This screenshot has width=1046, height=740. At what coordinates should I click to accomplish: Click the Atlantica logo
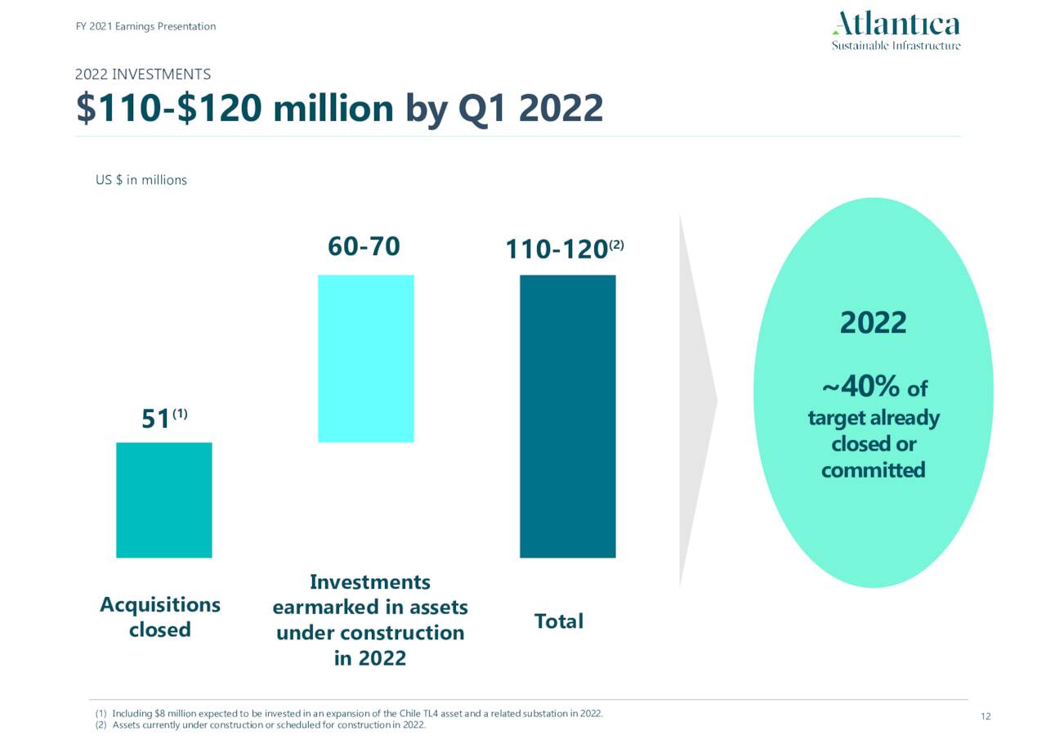point(896,31)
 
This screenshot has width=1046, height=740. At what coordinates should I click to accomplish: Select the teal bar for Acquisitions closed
point(164,500)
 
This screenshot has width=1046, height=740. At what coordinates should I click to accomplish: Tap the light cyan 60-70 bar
point(365,358)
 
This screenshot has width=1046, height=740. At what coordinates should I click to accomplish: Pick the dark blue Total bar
point(567,416)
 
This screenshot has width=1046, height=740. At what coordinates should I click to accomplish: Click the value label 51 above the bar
point(156,419)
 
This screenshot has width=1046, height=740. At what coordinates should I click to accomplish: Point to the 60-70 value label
point(364,246)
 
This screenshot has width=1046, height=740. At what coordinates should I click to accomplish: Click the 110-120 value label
point(556,249)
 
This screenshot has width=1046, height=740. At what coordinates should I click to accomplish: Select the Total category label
point(559,621)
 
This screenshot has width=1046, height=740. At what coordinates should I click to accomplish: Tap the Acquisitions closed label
point(160,617)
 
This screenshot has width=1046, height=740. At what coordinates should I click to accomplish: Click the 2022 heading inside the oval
point(873,322)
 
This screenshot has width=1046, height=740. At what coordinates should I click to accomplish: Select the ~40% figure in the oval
point(861,385)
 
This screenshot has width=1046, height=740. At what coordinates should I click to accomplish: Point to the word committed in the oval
point(873,470)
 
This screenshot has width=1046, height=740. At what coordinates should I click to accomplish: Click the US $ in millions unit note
point(141,180)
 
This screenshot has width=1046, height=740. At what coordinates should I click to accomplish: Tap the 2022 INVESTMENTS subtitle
point(143,74)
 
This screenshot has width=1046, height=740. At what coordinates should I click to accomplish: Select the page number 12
point(985,717)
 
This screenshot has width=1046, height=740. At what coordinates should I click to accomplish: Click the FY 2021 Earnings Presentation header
point(145,26)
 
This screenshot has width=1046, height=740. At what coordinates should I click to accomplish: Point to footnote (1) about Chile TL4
point(350,713)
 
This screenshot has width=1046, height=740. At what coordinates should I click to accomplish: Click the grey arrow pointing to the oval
point(696,401)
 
